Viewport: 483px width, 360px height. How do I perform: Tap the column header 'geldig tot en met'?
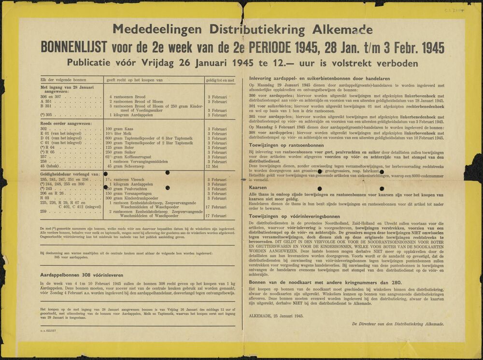tap(220, 80)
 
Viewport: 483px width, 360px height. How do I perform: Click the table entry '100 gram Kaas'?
tap(121, 129)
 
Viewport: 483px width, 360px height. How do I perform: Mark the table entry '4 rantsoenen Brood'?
tap(127, 97)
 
